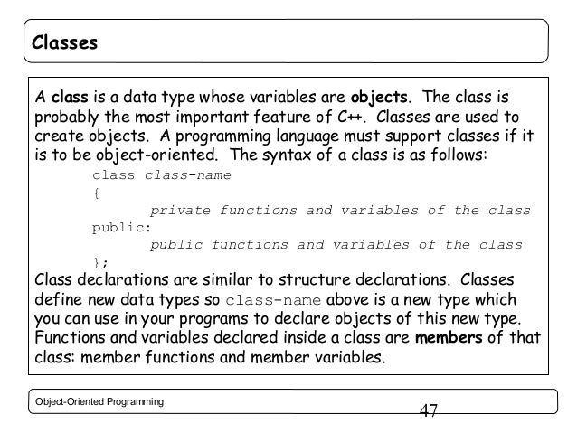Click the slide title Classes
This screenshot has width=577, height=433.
tap(62, 42)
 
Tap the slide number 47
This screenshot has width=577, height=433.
tap(429, 411)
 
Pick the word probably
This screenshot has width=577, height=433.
tap(64, 118)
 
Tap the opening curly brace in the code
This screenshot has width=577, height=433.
tap(97, 193)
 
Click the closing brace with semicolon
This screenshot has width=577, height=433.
tap(99, 262)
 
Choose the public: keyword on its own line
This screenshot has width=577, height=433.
tap(118, 227)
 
